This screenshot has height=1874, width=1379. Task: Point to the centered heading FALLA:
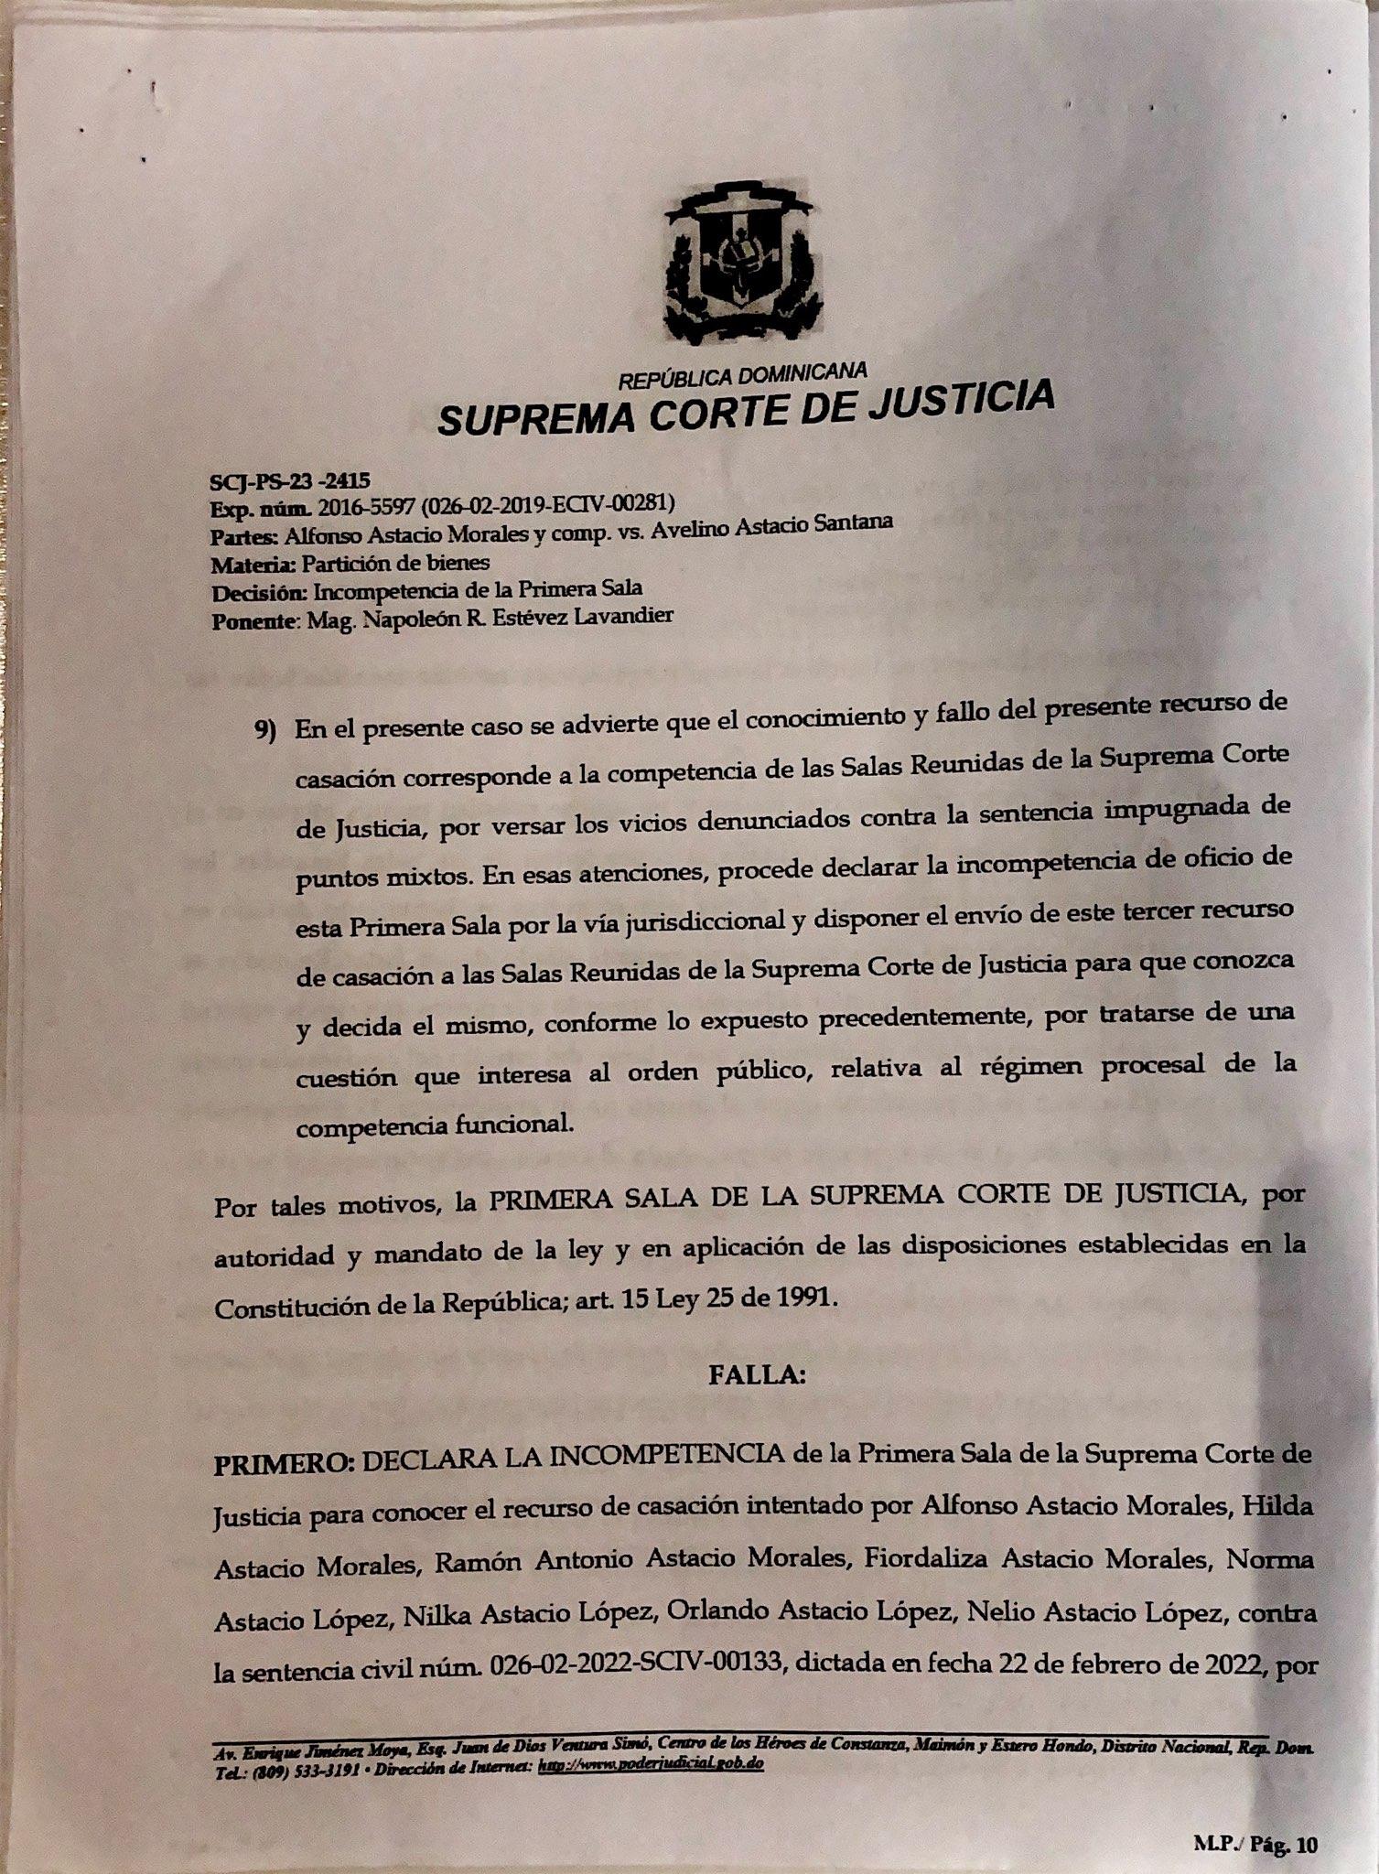coord(757,1375)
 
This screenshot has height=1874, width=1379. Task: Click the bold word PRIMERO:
coord(284,1462)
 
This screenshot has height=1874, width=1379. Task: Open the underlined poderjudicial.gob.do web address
coord(652,1764)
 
